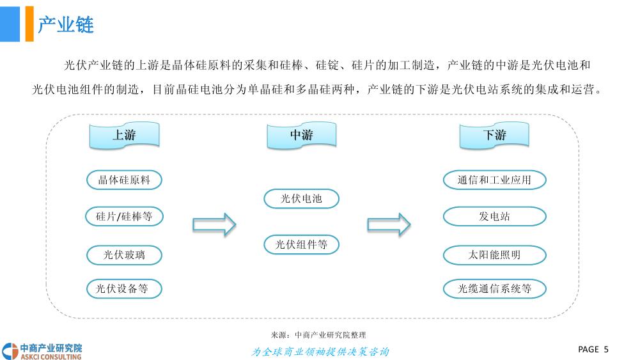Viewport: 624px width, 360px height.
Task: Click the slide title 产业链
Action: (66, 25)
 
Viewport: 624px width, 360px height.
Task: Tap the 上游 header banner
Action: (124, 136)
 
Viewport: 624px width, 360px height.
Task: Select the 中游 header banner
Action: (301, 136)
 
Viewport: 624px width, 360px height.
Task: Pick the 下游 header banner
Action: (494, 136)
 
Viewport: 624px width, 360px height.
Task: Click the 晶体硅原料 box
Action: (124, 180)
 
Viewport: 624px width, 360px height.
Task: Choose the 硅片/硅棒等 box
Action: (124, 217)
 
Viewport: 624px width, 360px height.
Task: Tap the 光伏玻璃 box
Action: (124, 255)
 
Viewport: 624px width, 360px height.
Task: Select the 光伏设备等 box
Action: (124, 289)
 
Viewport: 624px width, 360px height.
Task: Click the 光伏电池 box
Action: (301, 198)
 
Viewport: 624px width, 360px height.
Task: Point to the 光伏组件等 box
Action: (301, 244)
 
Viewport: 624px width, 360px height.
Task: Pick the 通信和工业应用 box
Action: (494, 180)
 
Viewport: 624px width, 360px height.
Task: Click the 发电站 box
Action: (494, 217)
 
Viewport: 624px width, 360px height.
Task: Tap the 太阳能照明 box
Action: (494, 255)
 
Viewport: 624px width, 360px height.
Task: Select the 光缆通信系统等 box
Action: (494, 289)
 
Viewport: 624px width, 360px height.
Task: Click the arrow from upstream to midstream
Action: (214, 224)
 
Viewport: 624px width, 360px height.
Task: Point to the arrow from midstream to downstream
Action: (389, 224)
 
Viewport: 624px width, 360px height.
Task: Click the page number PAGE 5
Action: (593, 349)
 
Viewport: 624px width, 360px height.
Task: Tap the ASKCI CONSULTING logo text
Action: (51, 357)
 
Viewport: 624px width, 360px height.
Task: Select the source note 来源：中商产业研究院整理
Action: (318, 335)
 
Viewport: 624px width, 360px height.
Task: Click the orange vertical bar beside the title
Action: (29, 24)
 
